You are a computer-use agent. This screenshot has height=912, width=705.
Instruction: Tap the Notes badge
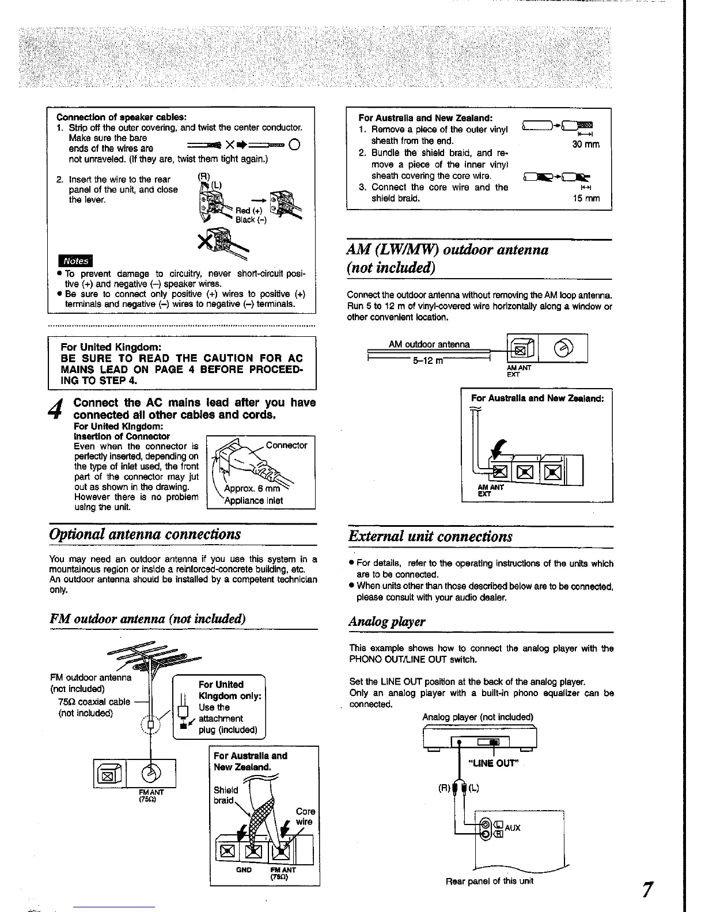[x=75, y=260]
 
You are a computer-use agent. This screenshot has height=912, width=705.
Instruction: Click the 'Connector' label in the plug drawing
[x=286, y=445]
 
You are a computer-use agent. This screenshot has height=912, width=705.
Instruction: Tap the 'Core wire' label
[x=305, y=816]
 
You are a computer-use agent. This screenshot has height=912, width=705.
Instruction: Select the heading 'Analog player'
[x=387, y=621]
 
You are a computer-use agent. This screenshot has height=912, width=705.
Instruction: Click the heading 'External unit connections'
[x=430, y=536]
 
